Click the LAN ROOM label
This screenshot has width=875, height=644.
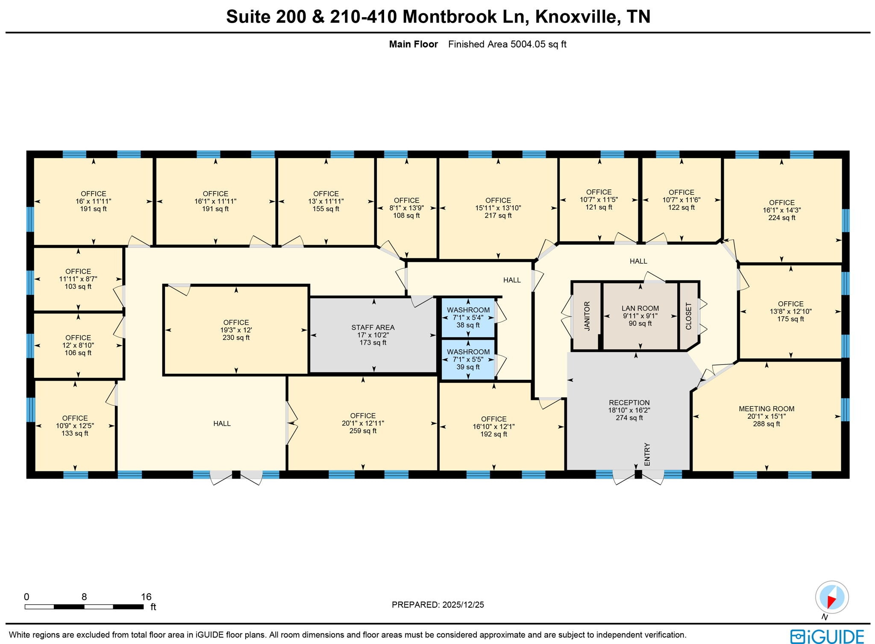pos(640,308)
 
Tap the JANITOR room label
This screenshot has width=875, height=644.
pos(587,316)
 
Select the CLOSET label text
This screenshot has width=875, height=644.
pos(688,316)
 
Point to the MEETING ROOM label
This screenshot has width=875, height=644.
pos(766,409)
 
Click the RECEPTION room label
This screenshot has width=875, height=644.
pos(629,403)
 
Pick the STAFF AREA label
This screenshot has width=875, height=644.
pos(373,327)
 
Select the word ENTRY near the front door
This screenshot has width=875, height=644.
pos(647,454)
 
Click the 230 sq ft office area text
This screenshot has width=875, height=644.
pos(236,338)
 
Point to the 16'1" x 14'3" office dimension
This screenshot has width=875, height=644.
pos(781,210)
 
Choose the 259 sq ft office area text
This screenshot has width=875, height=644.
pos(363,431)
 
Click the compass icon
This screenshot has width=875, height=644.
pos(831,597)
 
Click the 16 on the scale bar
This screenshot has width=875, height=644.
pos(146,597)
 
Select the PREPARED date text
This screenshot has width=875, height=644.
pos(437,605)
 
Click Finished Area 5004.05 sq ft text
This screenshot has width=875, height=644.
pos(507,44)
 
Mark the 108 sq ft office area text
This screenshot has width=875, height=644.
pos(406,215)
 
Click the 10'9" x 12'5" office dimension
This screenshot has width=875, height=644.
pos(75,426)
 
